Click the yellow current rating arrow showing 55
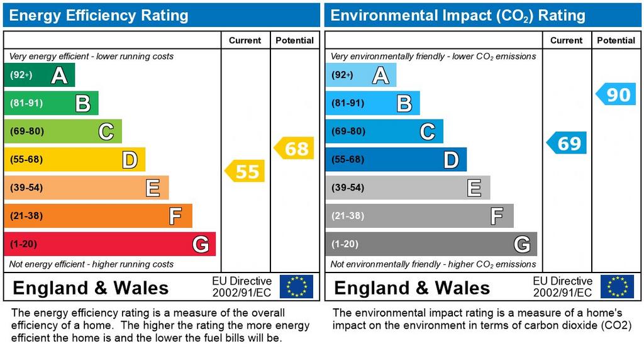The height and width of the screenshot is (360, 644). pos(246,171)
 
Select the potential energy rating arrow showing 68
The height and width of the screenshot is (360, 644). pos(294,149)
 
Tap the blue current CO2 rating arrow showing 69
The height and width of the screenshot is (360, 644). pos(567,143)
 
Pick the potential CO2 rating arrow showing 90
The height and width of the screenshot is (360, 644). pos(616,94)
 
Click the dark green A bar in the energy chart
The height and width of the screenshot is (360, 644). pos(39,76)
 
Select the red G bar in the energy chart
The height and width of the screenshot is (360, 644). pos(109,244)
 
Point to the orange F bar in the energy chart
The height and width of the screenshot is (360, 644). pos(97,216)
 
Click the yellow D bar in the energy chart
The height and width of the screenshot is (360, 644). pos(74,160)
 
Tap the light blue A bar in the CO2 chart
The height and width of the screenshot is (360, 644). pos(360,76)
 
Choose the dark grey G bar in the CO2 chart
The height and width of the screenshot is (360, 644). pos(431,244)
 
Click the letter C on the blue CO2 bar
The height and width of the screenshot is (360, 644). pos(427,132)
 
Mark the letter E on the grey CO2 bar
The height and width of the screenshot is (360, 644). pos(474,188)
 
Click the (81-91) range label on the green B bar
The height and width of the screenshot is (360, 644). pos(26,103)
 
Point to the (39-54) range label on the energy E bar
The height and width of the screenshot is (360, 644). pos(26,188)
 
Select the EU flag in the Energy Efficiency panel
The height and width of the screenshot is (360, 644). pos(296,286)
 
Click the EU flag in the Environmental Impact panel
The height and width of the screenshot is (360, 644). pos(617,286)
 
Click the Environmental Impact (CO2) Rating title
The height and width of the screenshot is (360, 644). pos(458,15)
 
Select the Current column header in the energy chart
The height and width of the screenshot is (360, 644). pos(245,40)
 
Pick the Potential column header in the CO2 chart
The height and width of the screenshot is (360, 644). pos(616,40)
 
